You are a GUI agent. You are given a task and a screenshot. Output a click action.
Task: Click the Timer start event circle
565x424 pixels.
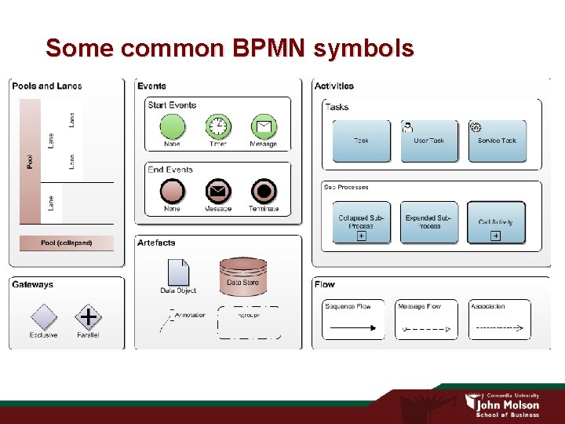tap(218, 126)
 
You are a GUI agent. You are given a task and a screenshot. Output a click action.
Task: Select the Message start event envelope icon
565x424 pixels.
tap(264, 126)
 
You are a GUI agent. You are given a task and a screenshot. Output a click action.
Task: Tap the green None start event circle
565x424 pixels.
tap(172, 126)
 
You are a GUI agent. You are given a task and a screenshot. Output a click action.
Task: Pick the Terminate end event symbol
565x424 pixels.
tap(264, 192)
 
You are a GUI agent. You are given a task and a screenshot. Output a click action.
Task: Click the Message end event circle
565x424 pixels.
tap(218, 192)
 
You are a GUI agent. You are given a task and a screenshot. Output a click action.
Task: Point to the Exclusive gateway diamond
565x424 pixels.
tap(43, 317)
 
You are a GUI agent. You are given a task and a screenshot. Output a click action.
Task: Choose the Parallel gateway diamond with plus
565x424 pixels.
tap(88, 317)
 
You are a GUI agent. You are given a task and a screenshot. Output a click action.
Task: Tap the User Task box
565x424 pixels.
tap(429, 141)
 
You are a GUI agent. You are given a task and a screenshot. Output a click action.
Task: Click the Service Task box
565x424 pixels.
tap(497, 141)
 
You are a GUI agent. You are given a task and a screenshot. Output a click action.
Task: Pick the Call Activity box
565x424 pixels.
tap(496, 223)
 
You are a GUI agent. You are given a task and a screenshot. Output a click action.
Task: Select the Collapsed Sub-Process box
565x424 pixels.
tap(361, 223)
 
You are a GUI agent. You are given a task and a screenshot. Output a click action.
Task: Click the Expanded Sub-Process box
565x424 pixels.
tap(428, 223)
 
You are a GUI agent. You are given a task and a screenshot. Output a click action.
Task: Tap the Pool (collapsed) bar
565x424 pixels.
tap(67, 243)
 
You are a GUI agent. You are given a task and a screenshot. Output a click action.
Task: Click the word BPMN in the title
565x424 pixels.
tap(267, 49)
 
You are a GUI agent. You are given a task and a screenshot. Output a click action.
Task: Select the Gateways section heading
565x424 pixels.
tap(33, 284)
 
